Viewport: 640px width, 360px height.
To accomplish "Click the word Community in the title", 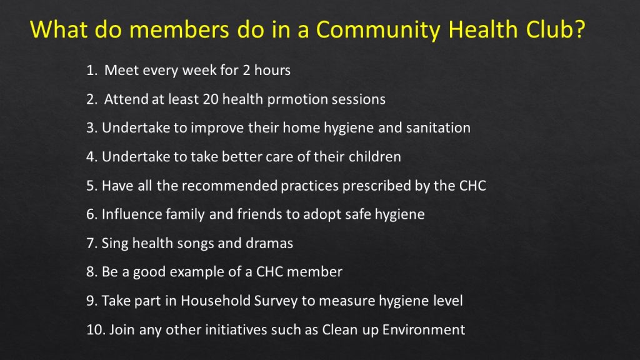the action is [377, 30].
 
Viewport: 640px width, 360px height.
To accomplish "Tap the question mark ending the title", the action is [579, 29].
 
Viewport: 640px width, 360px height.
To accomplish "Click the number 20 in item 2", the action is [211, 99].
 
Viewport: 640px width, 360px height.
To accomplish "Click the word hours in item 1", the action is [272, 70].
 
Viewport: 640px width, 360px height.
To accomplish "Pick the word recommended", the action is [229, 186].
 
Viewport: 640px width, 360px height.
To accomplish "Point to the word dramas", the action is [269, 243].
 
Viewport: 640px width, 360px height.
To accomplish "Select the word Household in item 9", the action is [216, 301].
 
